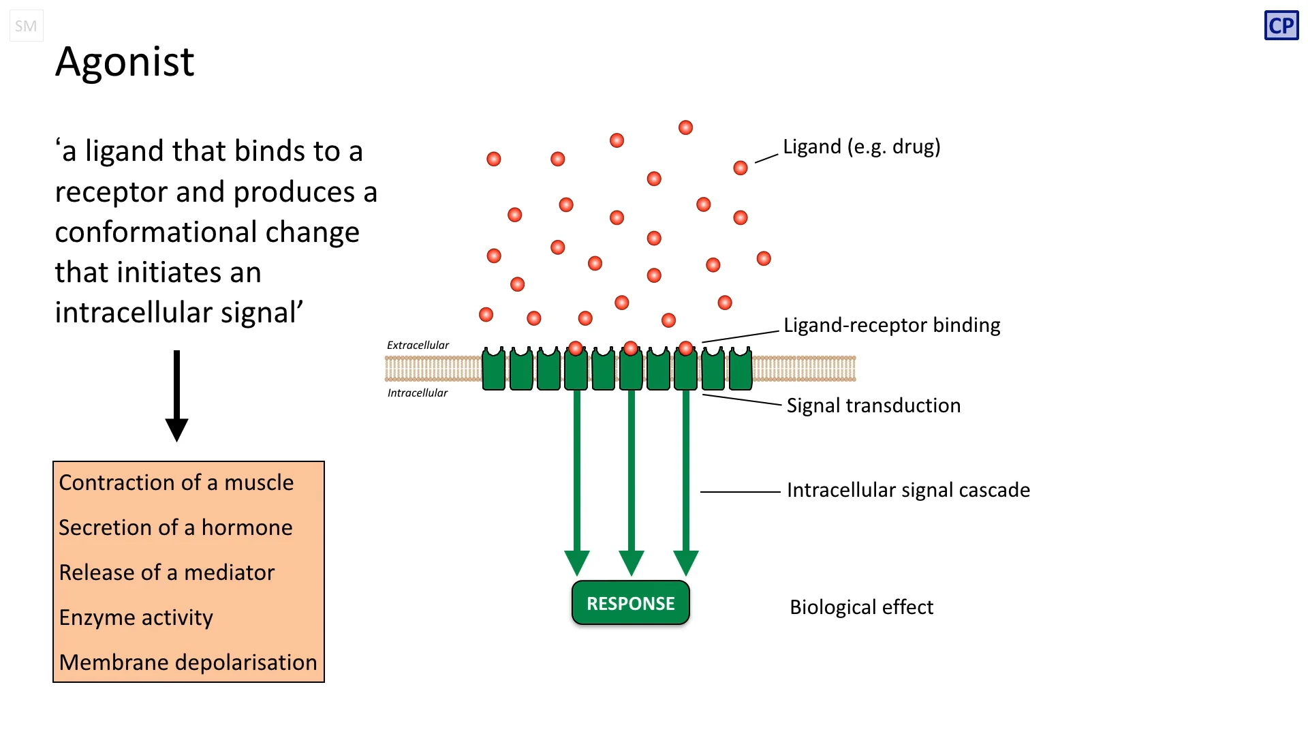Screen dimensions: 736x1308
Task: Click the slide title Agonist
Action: coord(125,62)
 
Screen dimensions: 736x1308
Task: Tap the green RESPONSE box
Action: coord(631,603)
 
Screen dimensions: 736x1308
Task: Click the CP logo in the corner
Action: coord(1281,26)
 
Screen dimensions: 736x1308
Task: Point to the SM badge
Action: coord(26,26)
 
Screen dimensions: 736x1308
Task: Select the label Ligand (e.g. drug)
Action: coord(861,147)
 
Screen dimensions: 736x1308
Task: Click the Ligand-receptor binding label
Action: coord(891,325)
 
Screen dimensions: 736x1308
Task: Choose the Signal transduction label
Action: coord(873,405)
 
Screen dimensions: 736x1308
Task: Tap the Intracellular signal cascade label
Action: coord(908,490)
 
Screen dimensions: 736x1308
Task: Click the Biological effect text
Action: coord(861,607)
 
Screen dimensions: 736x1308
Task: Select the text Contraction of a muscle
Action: coord(176,482)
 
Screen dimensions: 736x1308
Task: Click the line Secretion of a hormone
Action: coord(176,527)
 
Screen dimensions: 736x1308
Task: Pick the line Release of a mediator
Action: coord(167,572)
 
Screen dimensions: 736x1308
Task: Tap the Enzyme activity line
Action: coord(136,617)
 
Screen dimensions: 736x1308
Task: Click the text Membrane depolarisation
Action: coord(188,662)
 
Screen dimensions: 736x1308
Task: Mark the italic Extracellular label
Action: coord(418,346)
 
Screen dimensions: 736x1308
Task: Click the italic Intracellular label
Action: coord(418,393)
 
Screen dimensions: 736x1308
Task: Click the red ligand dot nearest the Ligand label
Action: coord(741,168)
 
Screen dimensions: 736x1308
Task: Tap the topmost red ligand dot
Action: coord(685,127)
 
